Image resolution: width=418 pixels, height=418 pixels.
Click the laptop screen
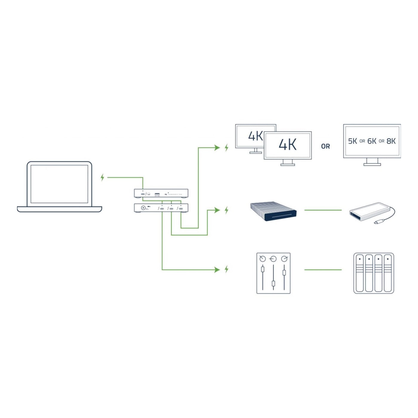click(x=59, y=184)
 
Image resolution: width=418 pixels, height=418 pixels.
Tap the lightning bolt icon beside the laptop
click(x=102, y=177)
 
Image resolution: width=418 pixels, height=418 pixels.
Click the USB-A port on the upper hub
click(x=157, y=195)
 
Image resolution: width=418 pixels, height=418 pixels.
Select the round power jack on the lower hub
click(x=143, y=208)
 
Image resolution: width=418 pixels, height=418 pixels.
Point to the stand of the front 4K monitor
click(x=288, y=162)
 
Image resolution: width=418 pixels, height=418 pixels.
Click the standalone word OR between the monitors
click(x=325, y=146)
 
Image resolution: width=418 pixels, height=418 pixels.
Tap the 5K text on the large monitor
click(x=352, y=141)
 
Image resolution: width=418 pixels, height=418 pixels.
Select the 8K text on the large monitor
click(x=391, y=141)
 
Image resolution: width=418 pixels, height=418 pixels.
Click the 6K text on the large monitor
click(x=372, y=141)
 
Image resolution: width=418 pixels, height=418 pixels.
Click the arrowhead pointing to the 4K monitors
click(x=217, y=147)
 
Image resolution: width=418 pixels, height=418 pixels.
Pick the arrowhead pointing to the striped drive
click(x=217, y=210)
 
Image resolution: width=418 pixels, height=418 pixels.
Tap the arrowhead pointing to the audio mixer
click(x=217, y=270)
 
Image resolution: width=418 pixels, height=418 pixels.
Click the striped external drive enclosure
click(x=273, y=211)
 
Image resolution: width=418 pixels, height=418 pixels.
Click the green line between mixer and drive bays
click(x=323, y=270)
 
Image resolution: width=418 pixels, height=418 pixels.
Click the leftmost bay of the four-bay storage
click(x=360, y=273)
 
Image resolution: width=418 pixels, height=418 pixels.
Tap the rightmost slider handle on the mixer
click(x=284, y=272)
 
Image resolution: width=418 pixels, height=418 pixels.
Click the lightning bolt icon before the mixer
click(x=226, y=269)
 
